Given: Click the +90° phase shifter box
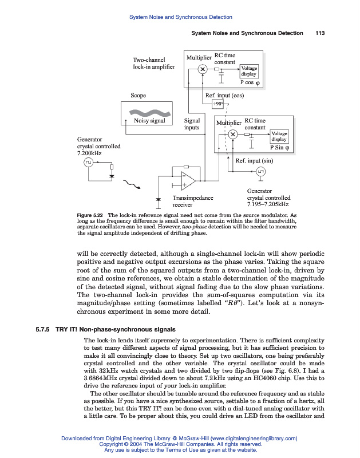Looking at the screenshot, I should pos(218,104).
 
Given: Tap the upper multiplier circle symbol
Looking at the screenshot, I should pos(202,70).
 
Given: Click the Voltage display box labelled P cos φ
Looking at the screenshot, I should pos(249,71).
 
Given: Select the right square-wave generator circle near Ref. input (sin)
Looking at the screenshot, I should pos(260,171).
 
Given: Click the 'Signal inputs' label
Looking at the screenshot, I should pos(192,124).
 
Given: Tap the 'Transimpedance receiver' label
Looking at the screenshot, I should pos(193,200).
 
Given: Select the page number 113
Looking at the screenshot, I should pos(320,33).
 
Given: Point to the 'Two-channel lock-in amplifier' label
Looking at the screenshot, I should pos(149,63).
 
